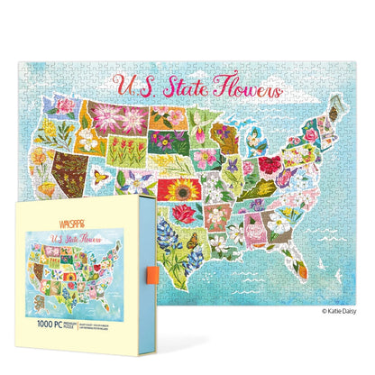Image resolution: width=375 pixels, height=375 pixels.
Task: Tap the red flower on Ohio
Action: [x=271, y=166]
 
